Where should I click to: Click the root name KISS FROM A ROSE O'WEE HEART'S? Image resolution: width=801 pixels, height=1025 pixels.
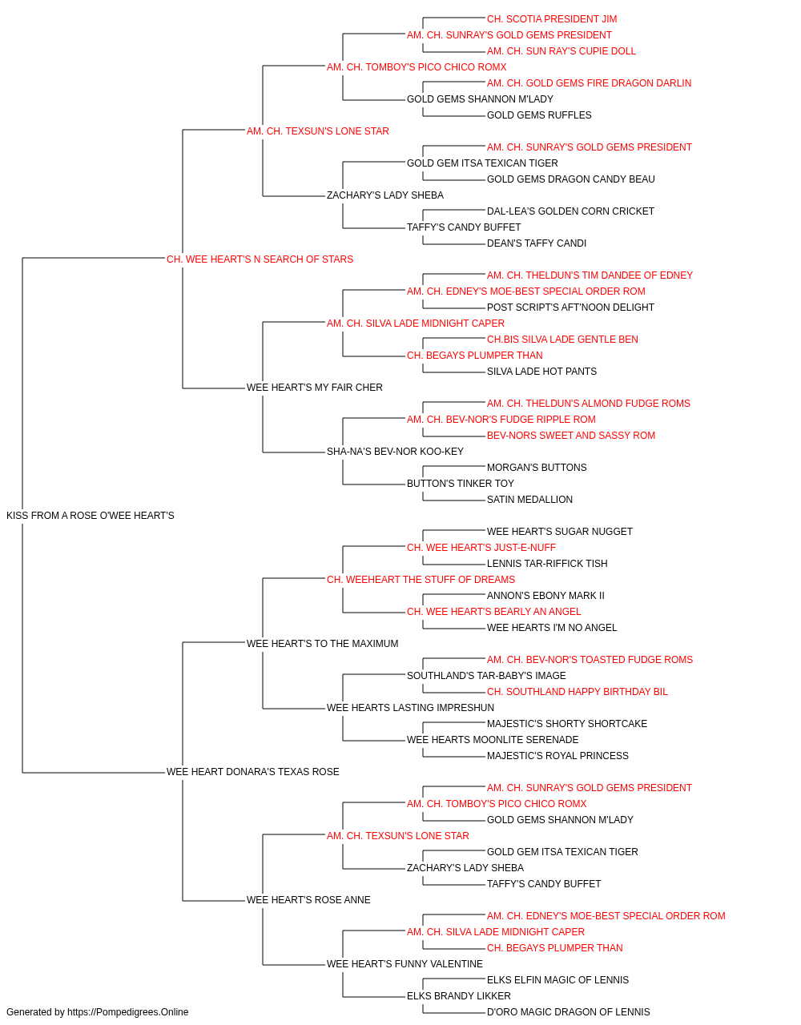pyautogui.click(x=90, y=516)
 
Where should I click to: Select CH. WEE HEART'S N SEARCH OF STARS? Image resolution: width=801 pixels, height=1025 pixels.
pyautogui.click(x=260, y=259)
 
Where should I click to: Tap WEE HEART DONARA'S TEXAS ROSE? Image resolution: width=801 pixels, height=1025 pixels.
pyautogui.click(x=252, y=772)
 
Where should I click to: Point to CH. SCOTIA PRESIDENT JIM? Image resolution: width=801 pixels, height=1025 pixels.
pyautogui.click(x=551, y=19)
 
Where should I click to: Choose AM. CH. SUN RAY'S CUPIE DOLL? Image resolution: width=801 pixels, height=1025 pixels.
pyautogui.click(x=561, y=51)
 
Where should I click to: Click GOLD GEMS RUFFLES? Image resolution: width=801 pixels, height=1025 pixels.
pyautogui.click(x=539, y=115)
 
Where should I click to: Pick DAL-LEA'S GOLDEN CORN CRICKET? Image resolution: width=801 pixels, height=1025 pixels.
pyautogui.click(x=570, y=211)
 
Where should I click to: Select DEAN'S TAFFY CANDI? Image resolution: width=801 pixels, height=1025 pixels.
pyautogui.click(x=537, y=243)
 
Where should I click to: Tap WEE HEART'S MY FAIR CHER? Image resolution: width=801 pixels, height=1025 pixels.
pyautogui.click(x=314, y=388)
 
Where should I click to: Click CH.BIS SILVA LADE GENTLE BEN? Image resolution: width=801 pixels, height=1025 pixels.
pyautogui.click(x=562, y=340)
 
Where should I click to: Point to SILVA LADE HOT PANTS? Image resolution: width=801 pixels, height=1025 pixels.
pyautogui.click(x=541, y=372)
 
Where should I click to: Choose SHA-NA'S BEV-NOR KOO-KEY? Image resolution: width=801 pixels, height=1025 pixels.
pyautogui.click(x=395, y=452)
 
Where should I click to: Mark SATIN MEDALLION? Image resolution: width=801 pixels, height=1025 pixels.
pyautogui.click(x=529, y=500)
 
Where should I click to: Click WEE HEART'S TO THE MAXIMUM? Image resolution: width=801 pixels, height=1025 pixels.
pyautogui.click(x=322, y=644)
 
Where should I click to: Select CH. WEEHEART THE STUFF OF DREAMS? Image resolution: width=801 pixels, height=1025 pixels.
pyautogui.click(x=421, y=580)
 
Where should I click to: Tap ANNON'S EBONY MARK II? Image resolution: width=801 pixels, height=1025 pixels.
pyautogui.click(x=545, y=596)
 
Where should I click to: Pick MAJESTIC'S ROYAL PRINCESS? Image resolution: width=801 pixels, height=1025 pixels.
pyautogui.click(x=557, y=756)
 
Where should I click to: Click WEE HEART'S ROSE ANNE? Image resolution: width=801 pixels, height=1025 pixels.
pyautogui.click(x=308, y=900)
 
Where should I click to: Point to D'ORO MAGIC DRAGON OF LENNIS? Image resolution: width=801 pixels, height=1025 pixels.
pyautogui.click(x=568, y=1012)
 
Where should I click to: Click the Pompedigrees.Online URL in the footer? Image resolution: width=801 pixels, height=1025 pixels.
pyautogui.click(x=127, y=1012)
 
